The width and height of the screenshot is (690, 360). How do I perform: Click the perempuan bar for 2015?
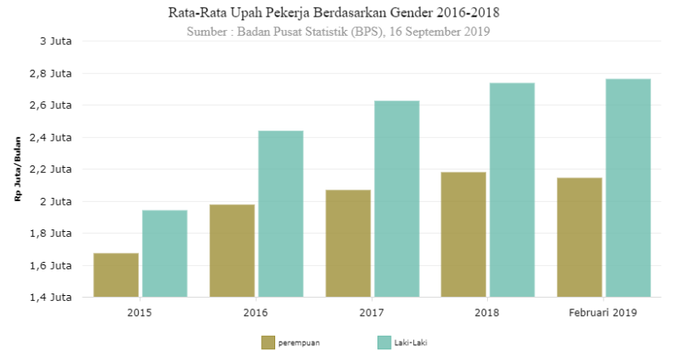point(116,274)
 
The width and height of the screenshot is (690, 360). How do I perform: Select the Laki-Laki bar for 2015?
point(165,254)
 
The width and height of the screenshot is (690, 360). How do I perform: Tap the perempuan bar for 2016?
point(232,250)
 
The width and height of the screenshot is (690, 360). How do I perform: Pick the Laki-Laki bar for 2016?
point(281,214)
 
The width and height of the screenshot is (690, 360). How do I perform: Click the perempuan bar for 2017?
point(348,243)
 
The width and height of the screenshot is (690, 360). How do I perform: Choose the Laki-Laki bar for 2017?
point(397,199)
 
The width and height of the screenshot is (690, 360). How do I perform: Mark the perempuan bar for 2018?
point(464,234)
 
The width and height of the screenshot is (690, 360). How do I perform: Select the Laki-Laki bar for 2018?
point(512,190)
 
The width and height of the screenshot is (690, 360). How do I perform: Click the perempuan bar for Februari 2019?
point(579,237)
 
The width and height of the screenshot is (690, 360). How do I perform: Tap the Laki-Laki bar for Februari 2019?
point(628,188)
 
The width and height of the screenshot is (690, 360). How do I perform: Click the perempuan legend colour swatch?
point(268,342)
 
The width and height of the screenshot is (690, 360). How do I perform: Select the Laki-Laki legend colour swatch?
point(384,342)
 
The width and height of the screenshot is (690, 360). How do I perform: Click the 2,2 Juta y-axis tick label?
point(51,169)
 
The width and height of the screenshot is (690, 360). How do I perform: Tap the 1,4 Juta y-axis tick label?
point(51,297)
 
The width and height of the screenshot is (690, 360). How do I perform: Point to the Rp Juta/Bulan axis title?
point(17,169)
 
